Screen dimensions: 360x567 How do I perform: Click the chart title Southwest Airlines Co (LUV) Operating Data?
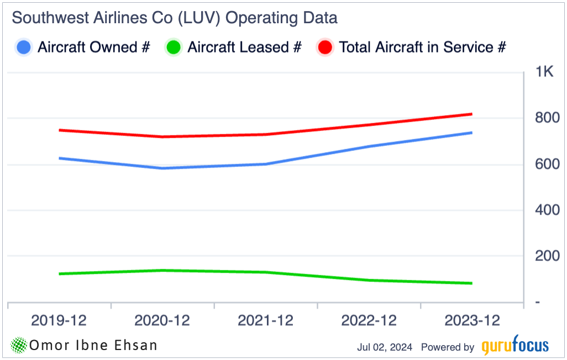tap(175, 18)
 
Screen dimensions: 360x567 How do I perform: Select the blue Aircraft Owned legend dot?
tap(24, 48)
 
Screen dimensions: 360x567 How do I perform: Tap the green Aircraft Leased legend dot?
tap(174, 48)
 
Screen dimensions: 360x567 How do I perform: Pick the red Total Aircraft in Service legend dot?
tap(326, 48)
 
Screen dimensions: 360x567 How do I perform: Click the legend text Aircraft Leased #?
tap(244, 48)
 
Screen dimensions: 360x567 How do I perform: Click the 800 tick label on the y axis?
tap(547, 118)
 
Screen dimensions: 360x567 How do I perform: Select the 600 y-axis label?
tap(547, 164)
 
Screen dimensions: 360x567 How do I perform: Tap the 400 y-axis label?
tap(547, 210)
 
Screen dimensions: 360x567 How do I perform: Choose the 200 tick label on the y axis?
tap(547, 256)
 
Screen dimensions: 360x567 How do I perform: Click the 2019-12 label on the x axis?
tap(59, 321)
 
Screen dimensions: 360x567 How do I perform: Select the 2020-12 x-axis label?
tap(162, 321)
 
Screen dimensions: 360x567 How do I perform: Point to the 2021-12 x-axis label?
tap(266, 321)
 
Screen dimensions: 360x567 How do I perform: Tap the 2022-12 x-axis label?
tap(369, 321)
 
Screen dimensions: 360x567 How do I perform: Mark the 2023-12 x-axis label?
tap(472, 321)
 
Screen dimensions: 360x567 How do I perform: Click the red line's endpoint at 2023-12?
tap(471, 114)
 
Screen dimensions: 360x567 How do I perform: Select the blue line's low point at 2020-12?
tap(162, 168)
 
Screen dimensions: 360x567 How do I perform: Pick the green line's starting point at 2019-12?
tap(59, 274)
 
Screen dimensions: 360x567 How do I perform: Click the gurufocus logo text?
tap(515, 347)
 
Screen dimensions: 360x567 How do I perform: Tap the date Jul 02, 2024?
tap(385, 347)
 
